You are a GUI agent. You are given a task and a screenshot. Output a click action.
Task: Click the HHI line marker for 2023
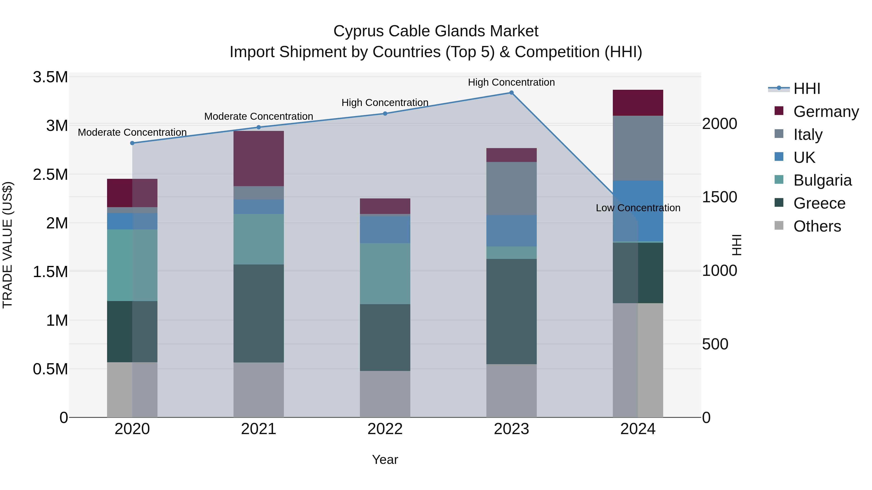coord(512,93)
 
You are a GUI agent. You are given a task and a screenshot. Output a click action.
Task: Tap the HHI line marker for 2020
coord(132,143)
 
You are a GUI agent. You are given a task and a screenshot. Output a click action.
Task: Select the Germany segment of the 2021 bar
coord(259,158)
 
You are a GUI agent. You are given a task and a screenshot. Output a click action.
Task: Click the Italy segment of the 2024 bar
coord(638,148)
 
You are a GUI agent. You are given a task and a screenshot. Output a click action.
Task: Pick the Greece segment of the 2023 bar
coord(512,311)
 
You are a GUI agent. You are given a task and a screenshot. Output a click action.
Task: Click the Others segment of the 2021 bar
coord(259,390)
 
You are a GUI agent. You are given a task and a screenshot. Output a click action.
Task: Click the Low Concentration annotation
coord(638,208)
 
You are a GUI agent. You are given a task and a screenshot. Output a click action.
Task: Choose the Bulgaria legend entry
coord(822,180)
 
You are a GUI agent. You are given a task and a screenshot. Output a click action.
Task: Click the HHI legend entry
coord(807,89)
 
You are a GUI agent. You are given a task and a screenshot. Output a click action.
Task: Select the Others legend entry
coord(817,226)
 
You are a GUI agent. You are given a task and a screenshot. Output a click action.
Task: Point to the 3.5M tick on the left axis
coord(50,77)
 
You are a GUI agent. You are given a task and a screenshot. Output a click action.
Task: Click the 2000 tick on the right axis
coord(719,124)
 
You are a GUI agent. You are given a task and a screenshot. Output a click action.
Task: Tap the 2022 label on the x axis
coord(385,429)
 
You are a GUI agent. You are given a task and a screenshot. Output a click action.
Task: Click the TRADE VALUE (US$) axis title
coord(8,245)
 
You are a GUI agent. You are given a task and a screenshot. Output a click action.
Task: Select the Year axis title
coord(385,460)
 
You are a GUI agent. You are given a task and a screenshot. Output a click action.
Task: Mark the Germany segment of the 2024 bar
coord(638,103)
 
